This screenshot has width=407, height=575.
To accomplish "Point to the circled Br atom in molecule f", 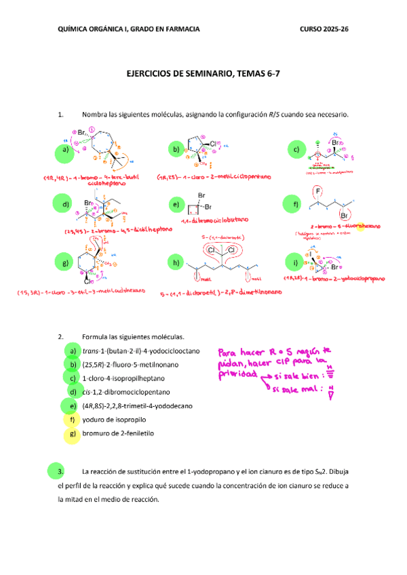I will coord(345,215).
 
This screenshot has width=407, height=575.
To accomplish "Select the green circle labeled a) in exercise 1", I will coord(64,151).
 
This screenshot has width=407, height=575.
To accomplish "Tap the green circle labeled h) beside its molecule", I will coord(176,263).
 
